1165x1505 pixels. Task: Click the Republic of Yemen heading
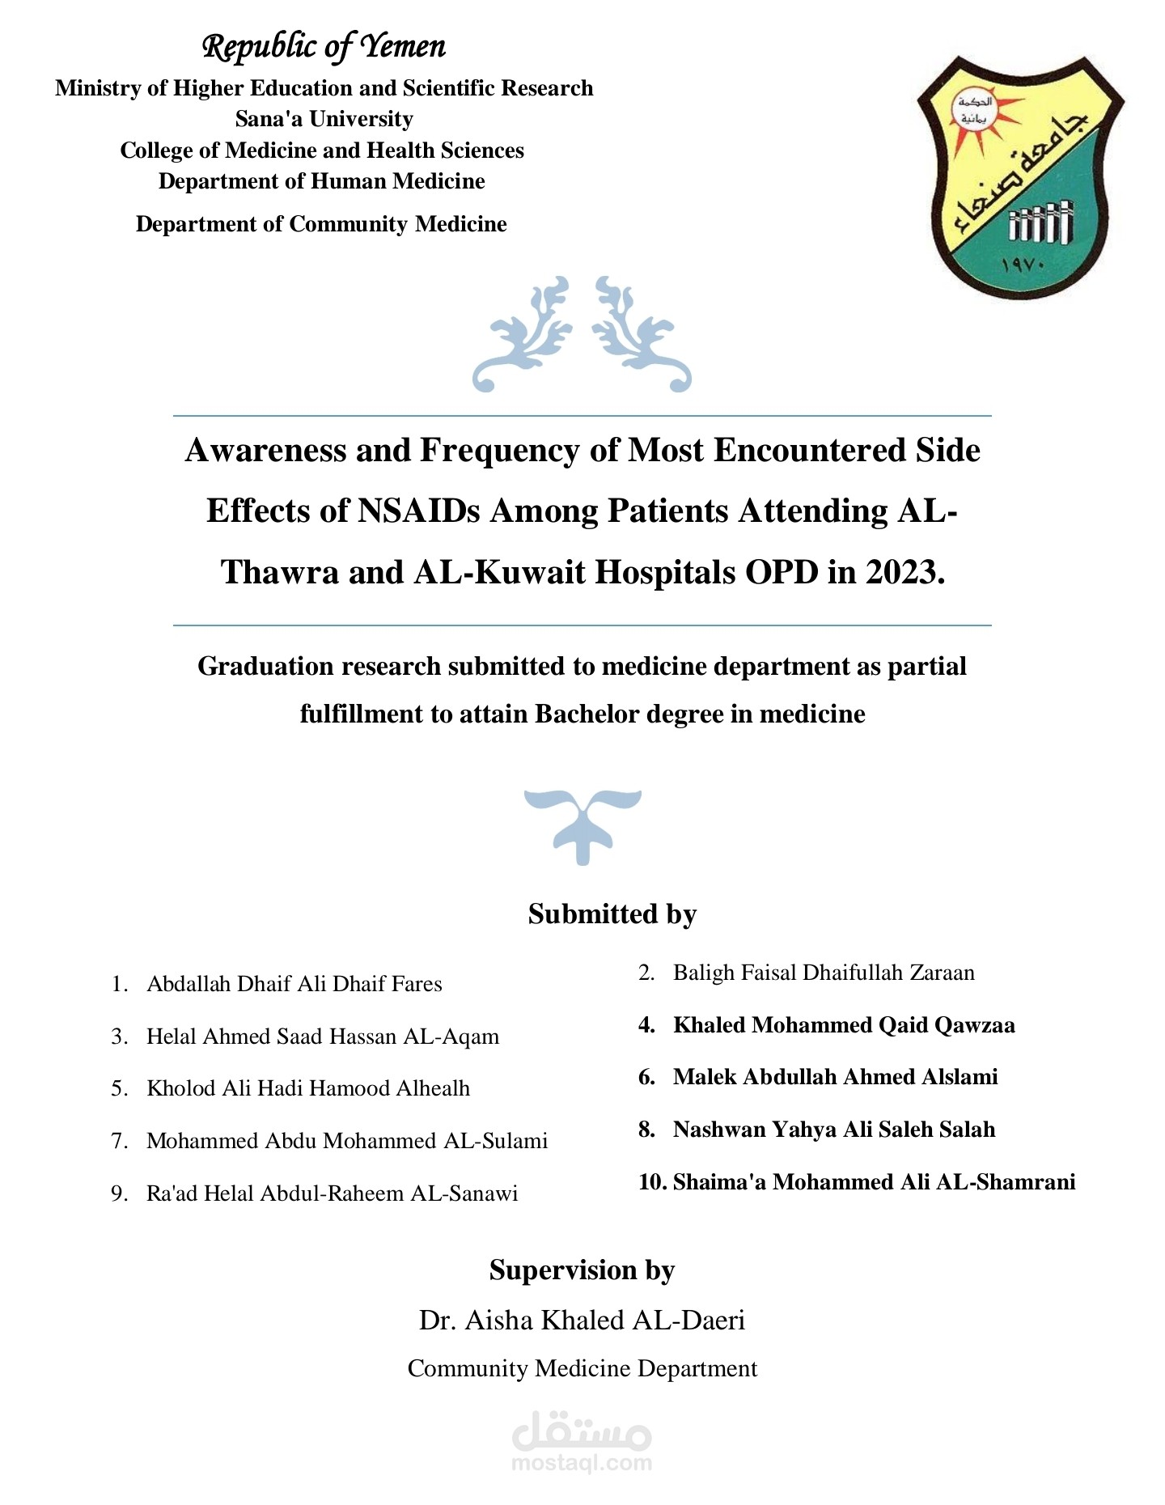(x=324, y=47)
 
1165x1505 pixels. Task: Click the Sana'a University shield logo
(x=1019, y=178)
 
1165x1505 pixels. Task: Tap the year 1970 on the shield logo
(x=1023, y=265)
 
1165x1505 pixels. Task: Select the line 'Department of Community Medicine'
(x=321, y=224)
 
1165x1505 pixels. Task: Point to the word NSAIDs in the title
(x=419, y=511)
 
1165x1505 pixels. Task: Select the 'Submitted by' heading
(x=612, y=914)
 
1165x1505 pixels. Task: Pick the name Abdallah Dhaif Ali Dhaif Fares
(x=294, y=984)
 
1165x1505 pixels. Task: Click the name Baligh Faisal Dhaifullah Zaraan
(x=824, y=973)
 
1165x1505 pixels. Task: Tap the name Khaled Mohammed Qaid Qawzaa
(x=844, y=1025)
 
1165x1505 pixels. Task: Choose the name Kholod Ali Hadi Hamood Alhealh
(x=307, y=1088)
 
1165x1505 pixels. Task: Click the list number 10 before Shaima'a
(x=651, y=1182)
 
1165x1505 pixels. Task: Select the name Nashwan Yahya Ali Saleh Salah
(x=833, y=1130)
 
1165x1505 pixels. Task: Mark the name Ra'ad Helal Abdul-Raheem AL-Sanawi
(x=332, y=1193)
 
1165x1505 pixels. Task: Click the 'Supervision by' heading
(x=582, y=1270)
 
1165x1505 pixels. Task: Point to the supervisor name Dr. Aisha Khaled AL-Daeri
(x=582, y=1320)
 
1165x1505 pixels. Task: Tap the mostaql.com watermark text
(x=582, y=1462)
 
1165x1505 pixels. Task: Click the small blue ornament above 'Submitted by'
(x=582, y=825)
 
